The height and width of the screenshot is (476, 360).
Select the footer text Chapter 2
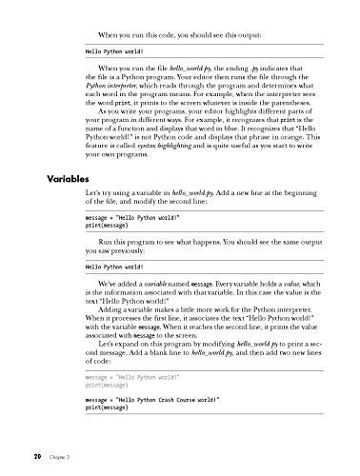coord(54,456)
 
